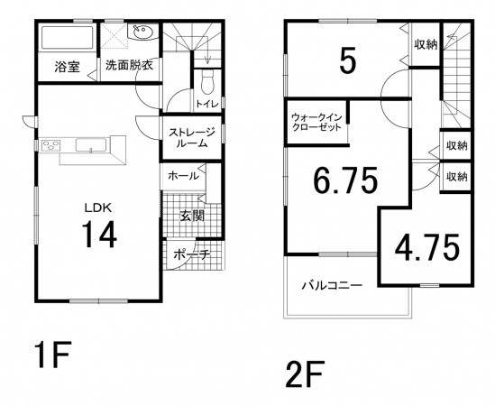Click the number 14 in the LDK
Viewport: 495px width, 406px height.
(x=100, y=235)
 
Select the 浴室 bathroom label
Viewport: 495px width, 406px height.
(x=67, y=66)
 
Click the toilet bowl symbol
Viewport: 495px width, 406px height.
(x=207, y=84)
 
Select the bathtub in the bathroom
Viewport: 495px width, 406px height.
(x=67, y=40)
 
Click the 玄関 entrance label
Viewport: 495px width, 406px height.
(x=190, y=216)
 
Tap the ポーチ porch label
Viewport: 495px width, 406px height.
(x=192, y=255)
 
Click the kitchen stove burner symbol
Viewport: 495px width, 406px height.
(x=48, y=146)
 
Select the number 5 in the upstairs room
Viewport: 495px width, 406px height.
(x=347, y=60)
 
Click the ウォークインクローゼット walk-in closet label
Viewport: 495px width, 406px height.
(x=316, y=123)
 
